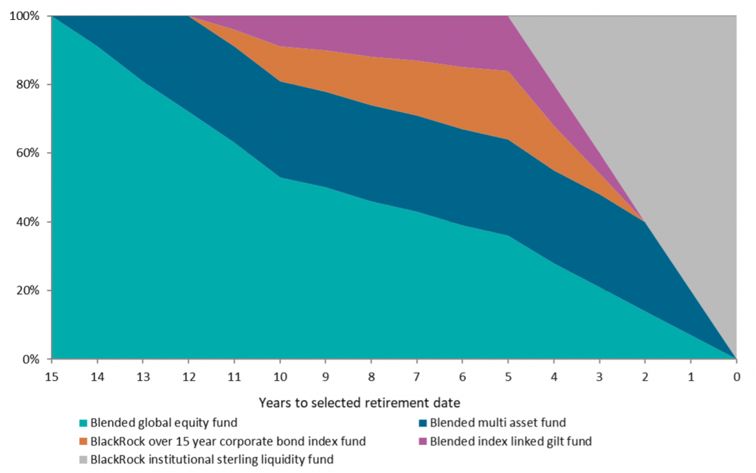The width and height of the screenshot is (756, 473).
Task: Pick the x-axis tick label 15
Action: (x=52, y=376)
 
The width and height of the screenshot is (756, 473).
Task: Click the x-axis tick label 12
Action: (x=189, y=376)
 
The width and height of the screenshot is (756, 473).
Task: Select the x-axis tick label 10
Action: (x=280, y=376)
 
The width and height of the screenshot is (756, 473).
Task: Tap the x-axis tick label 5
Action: (x=508, y=376)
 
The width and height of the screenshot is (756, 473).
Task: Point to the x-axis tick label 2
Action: (x=645, y=376)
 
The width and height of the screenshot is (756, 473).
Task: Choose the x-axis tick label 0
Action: (x=736, y=376)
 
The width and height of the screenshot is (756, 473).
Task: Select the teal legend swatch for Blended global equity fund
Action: (x=83, y=423)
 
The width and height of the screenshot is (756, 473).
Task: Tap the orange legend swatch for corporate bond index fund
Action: (x=83, y=441)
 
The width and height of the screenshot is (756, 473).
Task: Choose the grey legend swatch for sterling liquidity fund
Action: (x=83, y=460)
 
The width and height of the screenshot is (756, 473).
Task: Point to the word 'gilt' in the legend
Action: (x=557, y=441)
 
